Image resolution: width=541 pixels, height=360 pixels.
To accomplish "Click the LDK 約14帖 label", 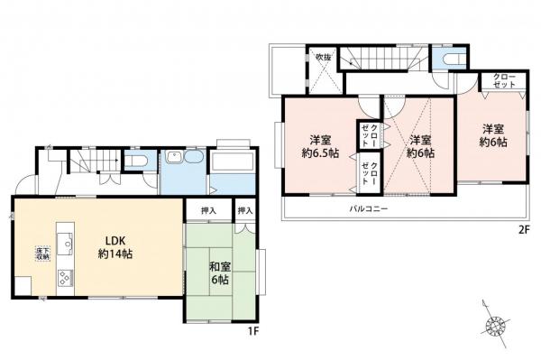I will click(115, 246).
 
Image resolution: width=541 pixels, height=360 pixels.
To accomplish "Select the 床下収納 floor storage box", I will click(42, 253).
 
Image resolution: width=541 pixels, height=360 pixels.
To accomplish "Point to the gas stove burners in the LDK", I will click(65, 277).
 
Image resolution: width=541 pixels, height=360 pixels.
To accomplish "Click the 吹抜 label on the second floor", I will click(323, 59).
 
